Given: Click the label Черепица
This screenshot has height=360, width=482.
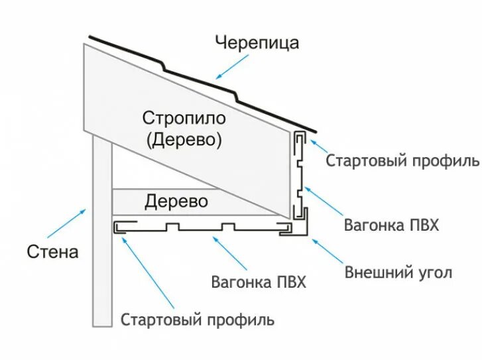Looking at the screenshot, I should pyautogui.click(x=257, y=43).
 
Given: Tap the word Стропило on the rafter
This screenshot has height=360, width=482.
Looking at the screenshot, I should pyautogui.click(x=184, y=119).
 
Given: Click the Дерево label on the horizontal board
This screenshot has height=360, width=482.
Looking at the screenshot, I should pyautogui.click(x=176, y=200).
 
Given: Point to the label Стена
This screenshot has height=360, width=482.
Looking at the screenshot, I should pyautogui.click(x=53, y=252).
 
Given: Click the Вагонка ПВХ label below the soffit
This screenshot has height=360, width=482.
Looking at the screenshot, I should pyautogui.click(x=259, y=282).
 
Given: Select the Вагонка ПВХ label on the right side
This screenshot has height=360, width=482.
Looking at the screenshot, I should pyautogui.click(x=391, y=225).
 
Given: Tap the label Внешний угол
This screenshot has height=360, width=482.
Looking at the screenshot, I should pyautogui.click(x=398, y=272).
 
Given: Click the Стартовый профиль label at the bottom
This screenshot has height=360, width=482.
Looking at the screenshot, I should pyautogui.click(x=197, y=320).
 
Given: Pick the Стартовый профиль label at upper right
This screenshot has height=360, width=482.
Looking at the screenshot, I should pyautogui.click(x=402, y=161).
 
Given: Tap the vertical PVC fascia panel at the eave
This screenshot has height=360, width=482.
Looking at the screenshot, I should pyautogui.click(x=299, y=176).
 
